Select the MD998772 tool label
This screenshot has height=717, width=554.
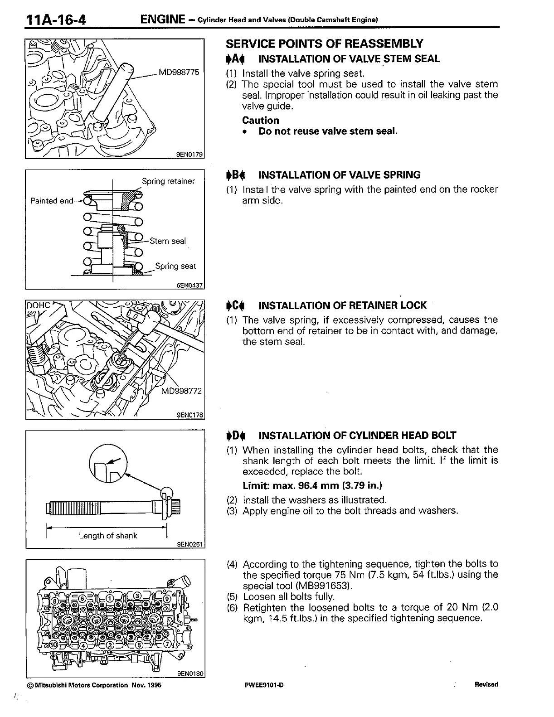(x=181, y=391)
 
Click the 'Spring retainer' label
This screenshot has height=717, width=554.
(x=168, y=181)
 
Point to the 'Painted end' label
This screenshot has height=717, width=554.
(x=51, y=201)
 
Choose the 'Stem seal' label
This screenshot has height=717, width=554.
(x=167, y=241)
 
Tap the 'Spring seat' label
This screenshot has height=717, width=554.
(x=175, y=266)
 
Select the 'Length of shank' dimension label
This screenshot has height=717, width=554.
(x=108, y=536)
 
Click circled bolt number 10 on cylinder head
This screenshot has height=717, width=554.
(x=53, y=644)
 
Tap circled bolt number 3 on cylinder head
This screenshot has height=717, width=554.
(x=137, y=596)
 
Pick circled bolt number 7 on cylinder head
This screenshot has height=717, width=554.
(x=168, y=644)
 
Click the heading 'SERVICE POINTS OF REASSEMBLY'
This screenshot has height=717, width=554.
(x=325, y=44)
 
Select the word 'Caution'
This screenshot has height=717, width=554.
(x=261, y=120)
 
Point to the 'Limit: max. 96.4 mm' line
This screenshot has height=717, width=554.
(x=312, y=485)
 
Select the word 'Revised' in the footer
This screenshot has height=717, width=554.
(x=486, y=684)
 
